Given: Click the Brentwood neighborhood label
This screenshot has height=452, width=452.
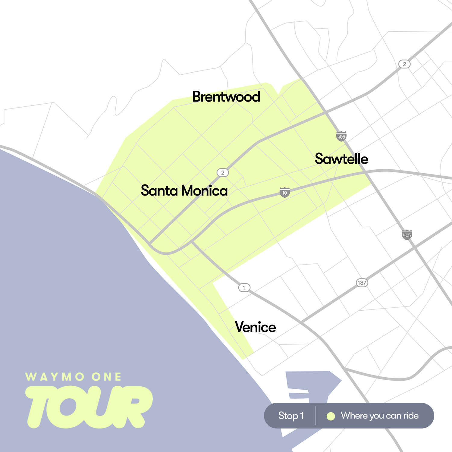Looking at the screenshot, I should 226,97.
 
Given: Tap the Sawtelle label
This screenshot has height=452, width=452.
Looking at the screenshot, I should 341,159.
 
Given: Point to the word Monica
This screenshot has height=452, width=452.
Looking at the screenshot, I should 204,191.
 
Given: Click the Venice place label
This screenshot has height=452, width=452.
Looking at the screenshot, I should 255,327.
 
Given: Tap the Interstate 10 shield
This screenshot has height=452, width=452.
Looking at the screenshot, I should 284,192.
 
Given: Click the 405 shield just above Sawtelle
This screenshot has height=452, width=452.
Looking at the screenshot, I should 341,136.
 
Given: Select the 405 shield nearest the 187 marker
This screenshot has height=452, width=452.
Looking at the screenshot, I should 407,235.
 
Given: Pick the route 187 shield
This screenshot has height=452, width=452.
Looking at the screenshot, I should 362,283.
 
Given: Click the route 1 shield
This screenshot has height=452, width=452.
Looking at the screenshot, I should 244,287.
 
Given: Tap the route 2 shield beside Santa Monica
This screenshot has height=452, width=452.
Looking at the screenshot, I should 223,173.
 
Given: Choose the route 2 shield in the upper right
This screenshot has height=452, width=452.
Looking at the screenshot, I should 404,64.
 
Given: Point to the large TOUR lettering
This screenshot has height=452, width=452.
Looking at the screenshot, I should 89,407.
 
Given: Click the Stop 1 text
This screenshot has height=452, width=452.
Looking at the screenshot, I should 291,416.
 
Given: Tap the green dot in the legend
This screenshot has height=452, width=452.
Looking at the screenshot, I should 331,416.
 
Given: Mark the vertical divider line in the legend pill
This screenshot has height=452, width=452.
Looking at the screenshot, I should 315,416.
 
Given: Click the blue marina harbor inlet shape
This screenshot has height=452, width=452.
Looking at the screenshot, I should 313,386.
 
